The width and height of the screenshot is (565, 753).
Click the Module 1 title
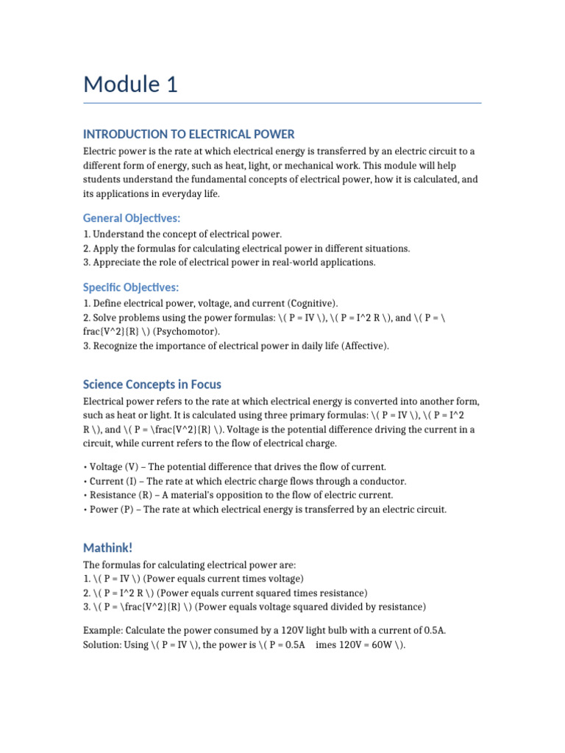pyautogui.click(x=130, y=85)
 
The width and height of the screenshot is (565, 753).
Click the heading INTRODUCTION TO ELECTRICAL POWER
pyautogui.click(x=189, y=134)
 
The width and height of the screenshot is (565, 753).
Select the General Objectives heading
pyautogui.click(x=132, y=218)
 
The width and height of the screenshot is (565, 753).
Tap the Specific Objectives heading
pyautogui.click(x=131, y=287)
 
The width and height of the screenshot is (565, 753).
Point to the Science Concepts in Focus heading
pyautogui.click(x=152, y=384)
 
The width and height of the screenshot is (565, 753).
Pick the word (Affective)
pyautogui.click(x=363, y=346)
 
